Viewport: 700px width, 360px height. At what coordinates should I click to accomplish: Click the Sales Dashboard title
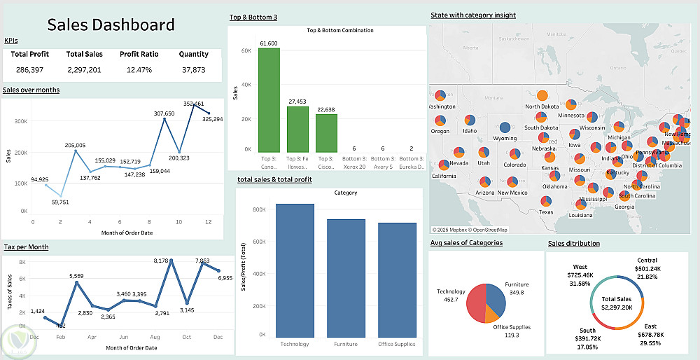(111, 25)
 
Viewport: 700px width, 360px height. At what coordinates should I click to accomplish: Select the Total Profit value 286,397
(29, 70)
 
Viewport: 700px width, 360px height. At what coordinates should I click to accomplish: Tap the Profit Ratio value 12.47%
(139, 70)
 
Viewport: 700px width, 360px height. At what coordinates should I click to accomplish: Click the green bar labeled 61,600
(269, 99)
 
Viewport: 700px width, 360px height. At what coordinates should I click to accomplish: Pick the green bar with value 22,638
(326, 132)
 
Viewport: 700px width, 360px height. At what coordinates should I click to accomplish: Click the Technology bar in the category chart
(295, 270)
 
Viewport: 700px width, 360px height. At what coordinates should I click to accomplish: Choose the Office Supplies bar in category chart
(397, 279)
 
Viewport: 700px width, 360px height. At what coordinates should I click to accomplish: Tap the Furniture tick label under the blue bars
(346, 344)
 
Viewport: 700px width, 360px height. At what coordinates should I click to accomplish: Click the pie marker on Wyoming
(505, 127)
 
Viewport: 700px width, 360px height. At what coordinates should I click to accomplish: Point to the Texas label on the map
(546, 212)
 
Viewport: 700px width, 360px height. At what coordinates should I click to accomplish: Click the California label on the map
(444, 176)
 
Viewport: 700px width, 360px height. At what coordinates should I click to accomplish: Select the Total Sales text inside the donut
(612, 298)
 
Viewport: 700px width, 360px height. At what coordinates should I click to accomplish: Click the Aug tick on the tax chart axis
(155, 336)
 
